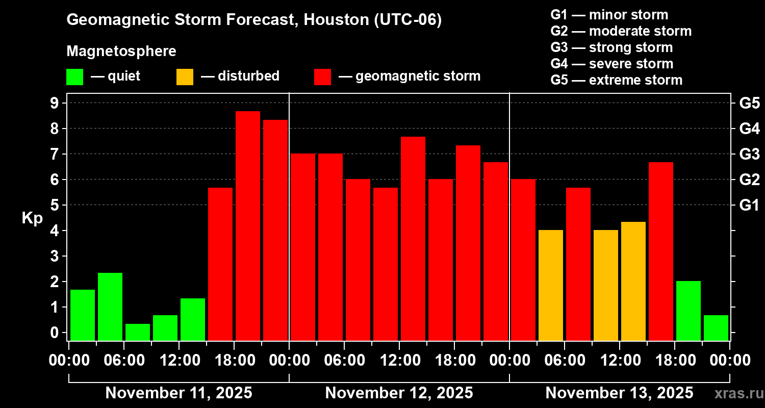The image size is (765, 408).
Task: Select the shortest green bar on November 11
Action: tap(138, 332)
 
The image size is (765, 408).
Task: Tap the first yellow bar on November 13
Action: tap(551, 285)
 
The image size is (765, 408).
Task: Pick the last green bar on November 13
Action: tap(716, 327)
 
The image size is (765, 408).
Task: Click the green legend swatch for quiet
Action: tap(74, 76)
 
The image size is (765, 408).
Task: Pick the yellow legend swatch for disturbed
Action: tap(185, 76)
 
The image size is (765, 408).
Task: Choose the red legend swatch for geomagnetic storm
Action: tap(322, 76)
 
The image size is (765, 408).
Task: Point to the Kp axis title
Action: tap(32, 218)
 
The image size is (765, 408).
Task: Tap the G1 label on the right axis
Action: tap(749, 205)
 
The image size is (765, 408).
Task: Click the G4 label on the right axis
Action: tap(749, 129)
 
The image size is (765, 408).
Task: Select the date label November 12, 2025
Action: tap(399, 393)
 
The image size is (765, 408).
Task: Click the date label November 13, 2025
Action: tap(619, 393)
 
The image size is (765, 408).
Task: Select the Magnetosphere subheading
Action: tap(121, 52)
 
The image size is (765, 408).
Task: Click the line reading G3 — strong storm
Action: tap(611, 47)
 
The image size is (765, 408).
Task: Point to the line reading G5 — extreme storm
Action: tap(616, 80)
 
